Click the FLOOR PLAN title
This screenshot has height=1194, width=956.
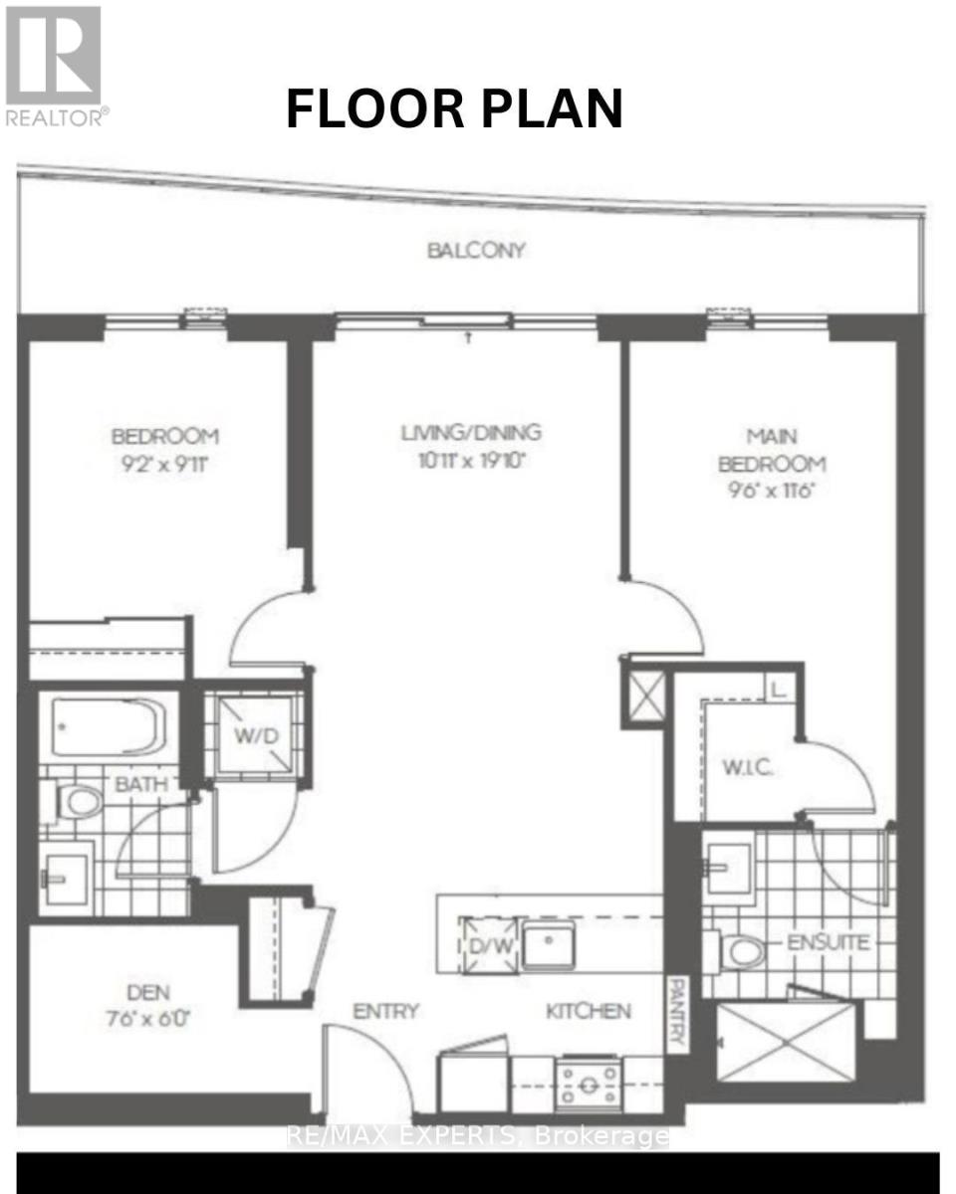(x=454, y=108)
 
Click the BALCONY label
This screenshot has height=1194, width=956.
(x=475, y=250)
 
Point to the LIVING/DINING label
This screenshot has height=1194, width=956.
(x=471, y=433)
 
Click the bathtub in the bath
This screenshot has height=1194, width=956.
(x=106, y=724)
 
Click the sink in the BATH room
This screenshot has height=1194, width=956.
(x=65, y=877)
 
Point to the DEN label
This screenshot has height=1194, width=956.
(x=148, y=992)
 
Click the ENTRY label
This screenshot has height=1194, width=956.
(x=385, y=1011)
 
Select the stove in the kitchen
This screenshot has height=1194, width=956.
(x=590, y=1081)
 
